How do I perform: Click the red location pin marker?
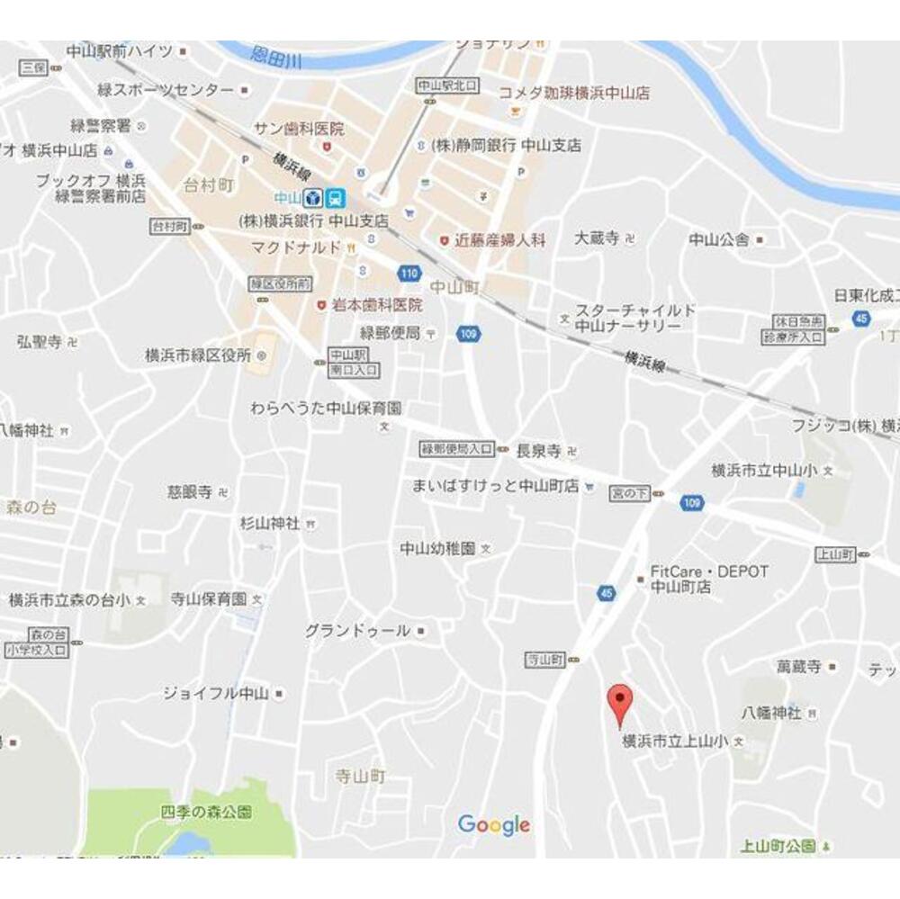[618, 701]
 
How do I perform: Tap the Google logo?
[493, 823]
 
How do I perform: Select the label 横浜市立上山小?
[675, 742]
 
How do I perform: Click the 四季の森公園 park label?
[207, 813]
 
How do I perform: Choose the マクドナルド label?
[297, 247]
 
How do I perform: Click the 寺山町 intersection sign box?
[544, 660]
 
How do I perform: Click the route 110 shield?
[409, 272]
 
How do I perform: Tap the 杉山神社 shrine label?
[270, 523]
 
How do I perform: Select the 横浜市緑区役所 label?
[198, 355]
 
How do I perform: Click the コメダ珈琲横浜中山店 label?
[574, 93]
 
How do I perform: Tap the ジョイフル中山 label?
[216, 693]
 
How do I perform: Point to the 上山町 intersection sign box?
[835, 554]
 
